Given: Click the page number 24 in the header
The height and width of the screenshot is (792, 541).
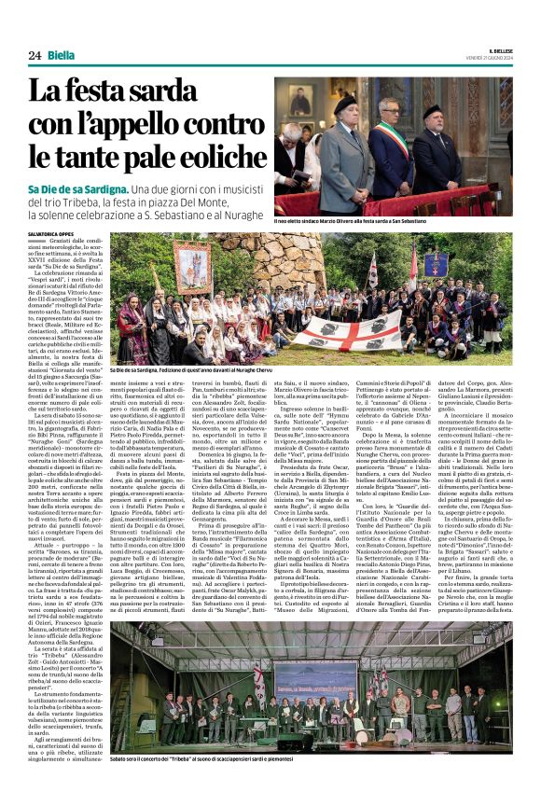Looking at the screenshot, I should point(34,56).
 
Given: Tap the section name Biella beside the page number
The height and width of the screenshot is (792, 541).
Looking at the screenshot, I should point(62,56).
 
